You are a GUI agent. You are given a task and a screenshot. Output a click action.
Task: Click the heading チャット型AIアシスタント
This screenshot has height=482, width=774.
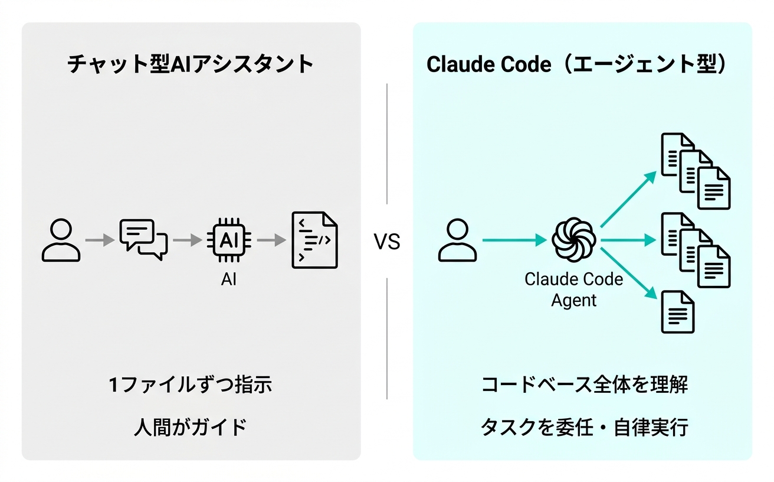point(191,64)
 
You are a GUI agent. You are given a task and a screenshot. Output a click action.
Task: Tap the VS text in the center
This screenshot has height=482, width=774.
point(387,242)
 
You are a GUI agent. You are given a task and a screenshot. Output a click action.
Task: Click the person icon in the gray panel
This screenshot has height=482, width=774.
point(61,240)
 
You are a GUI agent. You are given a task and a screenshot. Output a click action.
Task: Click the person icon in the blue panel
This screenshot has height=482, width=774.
point(457,240)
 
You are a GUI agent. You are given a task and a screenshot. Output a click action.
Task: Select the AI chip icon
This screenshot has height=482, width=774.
point(228,240)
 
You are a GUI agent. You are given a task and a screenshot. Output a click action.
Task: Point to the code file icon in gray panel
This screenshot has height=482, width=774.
point(315,240)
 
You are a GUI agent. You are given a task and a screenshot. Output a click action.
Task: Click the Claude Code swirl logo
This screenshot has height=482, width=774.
point(573,240)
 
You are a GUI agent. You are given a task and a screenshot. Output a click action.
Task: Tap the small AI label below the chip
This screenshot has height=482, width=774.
point(228,279)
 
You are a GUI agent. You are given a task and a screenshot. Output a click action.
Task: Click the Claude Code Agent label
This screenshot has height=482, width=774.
point(573,289)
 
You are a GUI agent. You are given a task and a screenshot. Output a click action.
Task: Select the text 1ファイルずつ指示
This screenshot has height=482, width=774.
point(191,385)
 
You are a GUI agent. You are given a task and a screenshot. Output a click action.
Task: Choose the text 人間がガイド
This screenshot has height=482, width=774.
point(191,426)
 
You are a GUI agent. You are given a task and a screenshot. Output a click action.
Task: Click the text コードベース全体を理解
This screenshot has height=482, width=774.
point(584,385)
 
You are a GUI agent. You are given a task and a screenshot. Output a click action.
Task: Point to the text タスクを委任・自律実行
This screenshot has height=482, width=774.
point(584,427)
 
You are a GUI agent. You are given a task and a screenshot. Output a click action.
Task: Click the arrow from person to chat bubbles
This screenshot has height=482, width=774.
point(100,240)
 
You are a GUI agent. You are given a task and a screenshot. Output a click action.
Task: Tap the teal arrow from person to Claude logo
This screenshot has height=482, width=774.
point(514,240)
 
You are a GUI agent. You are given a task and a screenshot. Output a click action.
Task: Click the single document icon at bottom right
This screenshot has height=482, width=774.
point(678,311)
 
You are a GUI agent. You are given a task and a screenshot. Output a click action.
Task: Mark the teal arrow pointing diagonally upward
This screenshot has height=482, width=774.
point(629,200)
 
